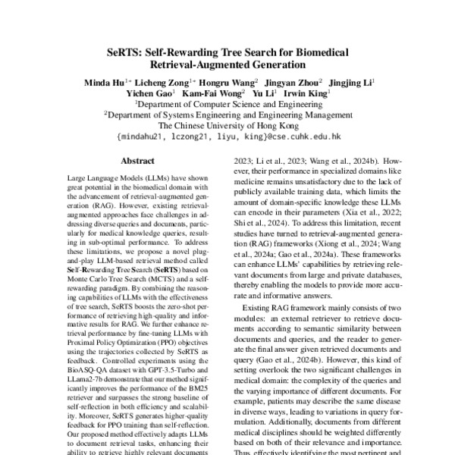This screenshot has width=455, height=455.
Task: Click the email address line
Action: pos(227,140)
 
